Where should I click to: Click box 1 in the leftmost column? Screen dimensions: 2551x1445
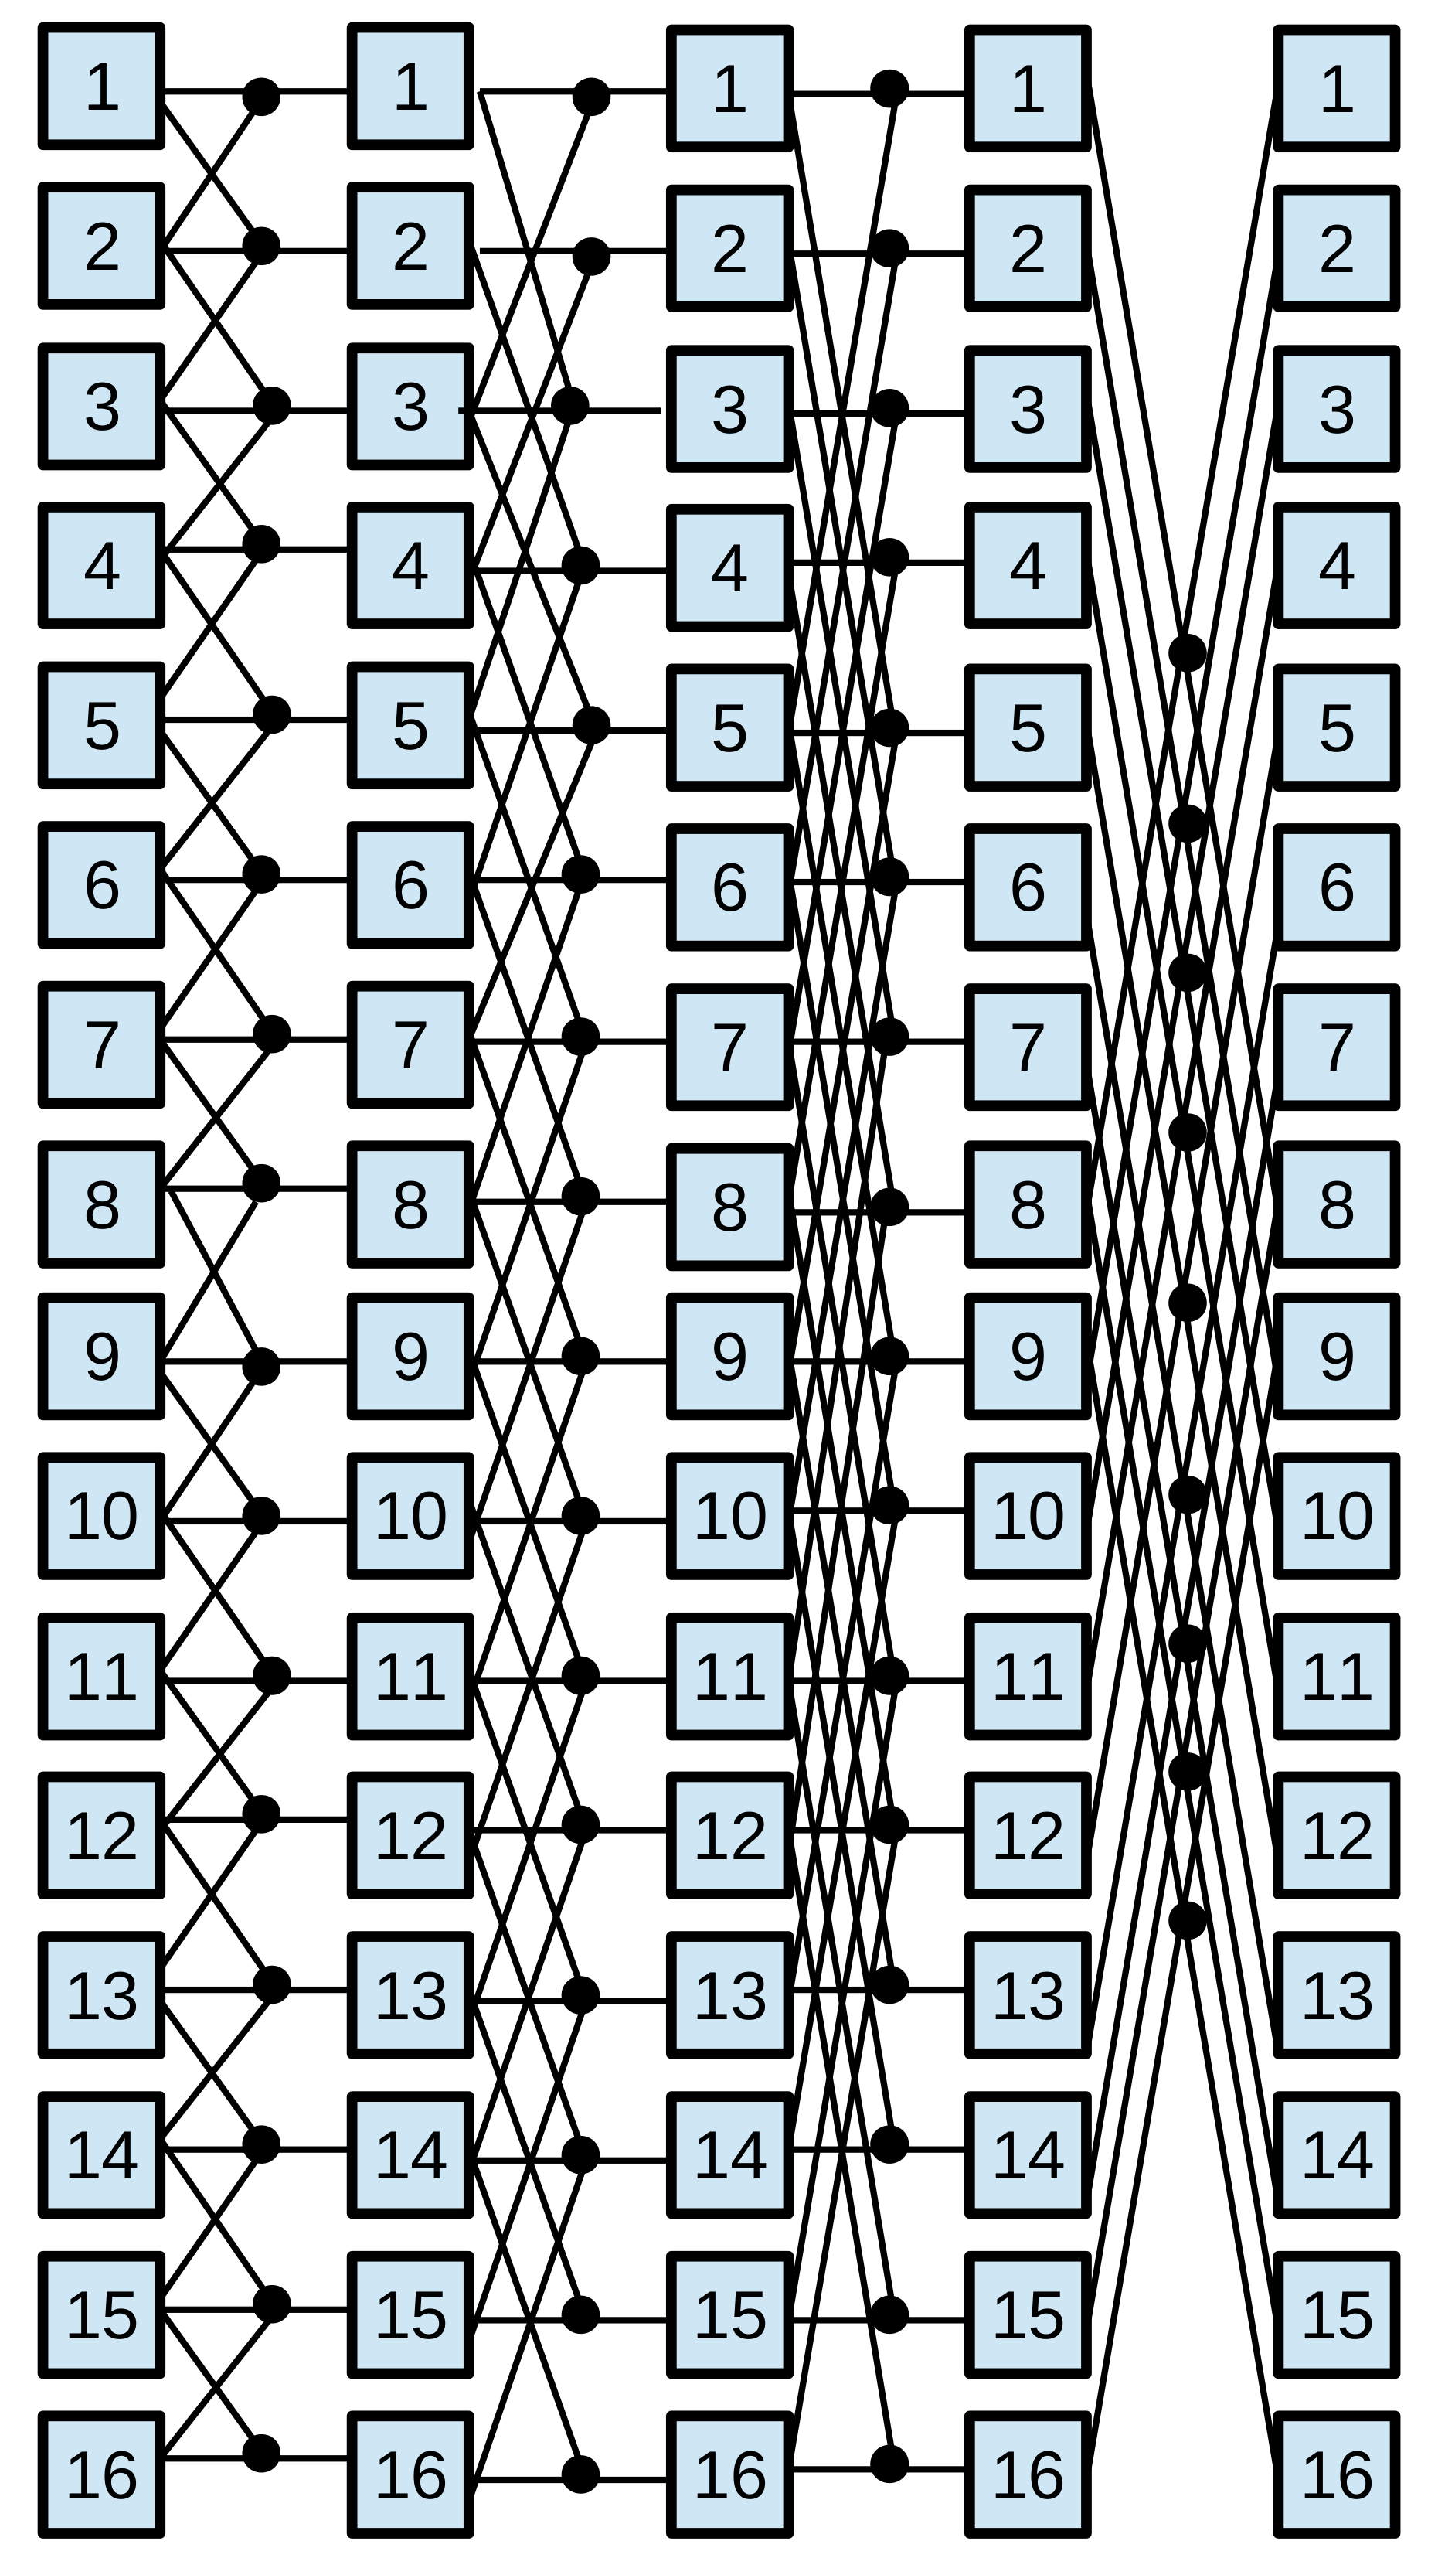101,87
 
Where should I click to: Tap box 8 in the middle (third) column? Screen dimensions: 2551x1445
729,1207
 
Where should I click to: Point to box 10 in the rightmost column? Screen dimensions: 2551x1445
1336,1516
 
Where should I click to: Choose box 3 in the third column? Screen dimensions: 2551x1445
729,409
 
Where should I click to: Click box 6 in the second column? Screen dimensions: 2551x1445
410,884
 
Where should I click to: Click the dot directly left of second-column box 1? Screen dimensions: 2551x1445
261,97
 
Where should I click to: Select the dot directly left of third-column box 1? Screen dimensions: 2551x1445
590,97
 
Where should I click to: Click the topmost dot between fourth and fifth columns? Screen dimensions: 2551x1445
1187,653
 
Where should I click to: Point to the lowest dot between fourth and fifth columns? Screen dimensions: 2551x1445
1187,1921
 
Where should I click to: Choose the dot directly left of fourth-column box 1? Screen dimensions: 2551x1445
889,88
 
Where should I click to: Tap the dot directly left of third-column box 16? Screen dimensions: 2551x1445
580,2474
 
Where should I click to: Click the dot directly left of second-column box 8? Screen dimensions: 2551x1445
261,1184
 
